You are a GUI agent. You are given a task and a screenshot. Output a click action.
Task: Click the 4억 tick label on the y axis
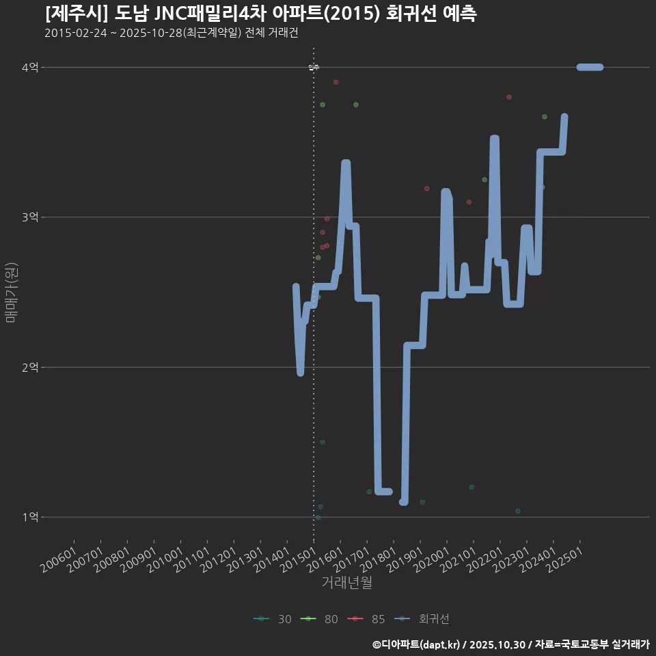tap(30, 67)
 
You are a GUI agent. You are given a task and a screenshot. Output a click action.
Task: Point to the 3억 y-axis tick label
tap(30, 217)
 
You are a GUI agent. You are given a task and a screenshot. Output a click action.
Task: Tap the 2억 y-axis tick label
tap(30, 367)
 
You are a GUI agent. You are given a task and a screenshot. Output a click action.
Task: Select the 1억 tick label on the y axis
tap(30, 517)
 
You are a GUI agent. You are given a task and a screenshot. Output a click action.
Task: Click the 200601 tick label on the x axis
tap(59, 558)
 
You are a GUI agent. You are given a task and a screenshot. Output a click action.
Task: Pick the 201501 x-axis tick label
tap(299, 558)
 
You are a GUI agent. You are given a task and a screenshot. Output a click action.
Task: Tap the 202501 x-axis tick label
tap(565, 558)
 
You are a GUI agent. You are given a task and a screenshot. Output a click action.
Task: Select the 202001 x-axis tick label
tap(432, 558)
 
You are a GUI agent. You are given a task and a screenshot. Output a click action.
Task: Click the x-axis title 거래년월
tap(346, 583)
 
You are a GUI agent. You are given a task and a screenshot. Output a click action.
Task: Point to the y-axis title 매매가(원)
tap(11, 292)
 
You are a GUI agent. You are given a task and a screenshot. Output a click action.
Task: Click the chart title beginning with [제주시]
tap(260, 14)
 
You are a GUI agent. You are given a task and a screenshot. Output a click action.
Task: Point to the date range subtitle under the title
tap(171, 33)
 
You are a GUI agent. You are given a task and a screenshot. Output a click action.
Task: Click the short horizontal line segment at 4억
tap(590, 67)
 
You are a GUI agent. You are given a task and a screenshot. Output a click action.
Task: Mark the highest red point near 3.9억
tap(336, 82)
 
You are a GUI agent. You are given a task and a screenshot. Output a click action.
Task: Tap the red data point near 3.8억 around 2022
tap(509, 97)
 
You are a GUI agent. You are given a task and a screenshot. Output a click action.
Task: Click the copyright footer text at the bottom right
tap(510, 644)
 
